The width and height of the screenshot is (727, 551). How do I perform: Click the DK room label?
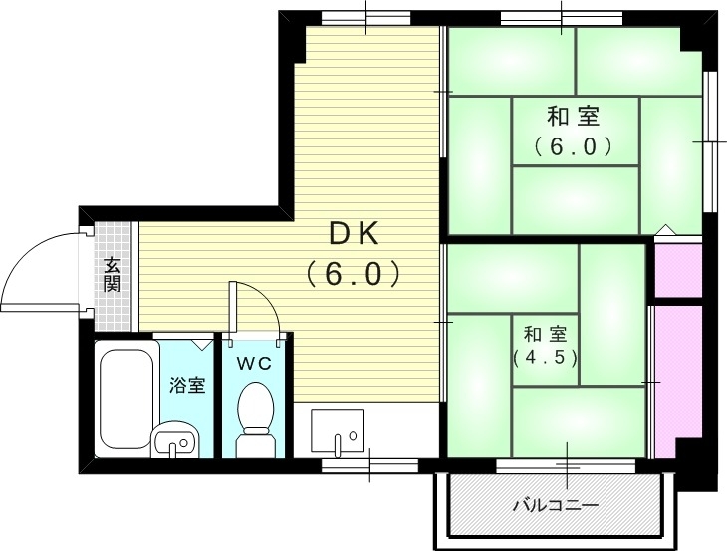tap(354, 233)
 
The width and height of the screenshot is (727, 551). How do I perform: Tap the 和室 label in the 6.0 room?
tap(572, 115)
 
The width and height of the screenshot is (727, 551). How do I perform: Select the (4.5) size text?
tap(545, 357)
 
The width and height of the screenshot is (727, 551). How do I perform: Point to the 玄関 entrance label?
tap(112, 273)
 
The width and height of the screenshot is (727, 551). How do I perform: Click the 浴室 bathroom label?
tap(187, 384)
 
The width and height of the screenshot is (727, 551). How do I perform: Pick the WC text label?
tap(254, 364)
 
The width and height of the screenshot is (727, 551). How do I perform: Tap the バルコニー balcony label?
tap(555, 506)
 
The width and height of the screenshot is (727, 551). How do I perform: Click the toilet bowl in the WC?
tap(256, 413)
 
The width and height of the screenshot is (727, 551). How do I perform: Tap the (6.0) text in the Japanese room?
tap(572, 146)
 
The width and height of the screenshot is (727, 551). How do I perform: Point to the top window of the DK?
tap(365, 17)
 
